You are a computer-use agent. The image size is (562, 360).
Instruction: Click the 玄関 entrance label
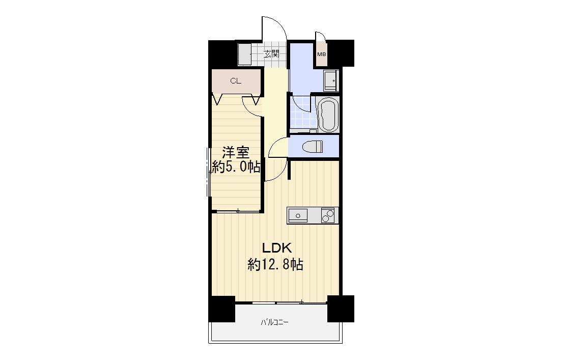[271, 54]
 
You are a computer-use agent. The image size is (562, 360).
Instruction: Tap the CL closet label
[236, 81]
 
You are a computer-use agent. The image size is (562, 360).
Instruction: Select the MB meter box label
[322, 54]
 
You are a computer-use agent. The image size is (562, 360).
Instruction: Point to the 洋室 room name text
[236, 153]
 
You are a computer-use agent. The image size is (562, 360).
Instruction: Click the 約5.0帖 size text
[236, 167]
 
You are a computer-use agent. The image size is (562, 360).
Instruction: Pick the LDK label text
[276, 248]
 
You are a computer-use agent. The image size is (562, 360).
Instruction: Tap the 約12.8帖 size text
[275, 265]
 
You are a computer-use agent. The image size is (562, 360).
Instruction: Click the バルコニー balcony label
[274, 322]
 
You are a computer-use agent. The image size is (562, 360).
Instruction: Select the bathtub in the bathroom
[328, 115]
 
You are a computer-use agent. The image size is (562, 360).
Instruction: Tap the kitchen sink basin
[297, 215]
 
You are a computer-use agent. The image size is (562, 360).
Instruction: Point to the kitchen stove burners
[328, 215]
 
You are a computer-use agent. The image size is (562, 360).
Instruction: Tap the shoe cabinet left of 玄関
[245, 54]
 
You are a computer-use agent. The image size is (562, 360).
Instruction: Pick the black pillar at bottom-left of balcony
[222, 309]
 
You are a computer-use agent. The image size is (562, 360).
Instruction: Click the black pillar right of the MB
[341, 53]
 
